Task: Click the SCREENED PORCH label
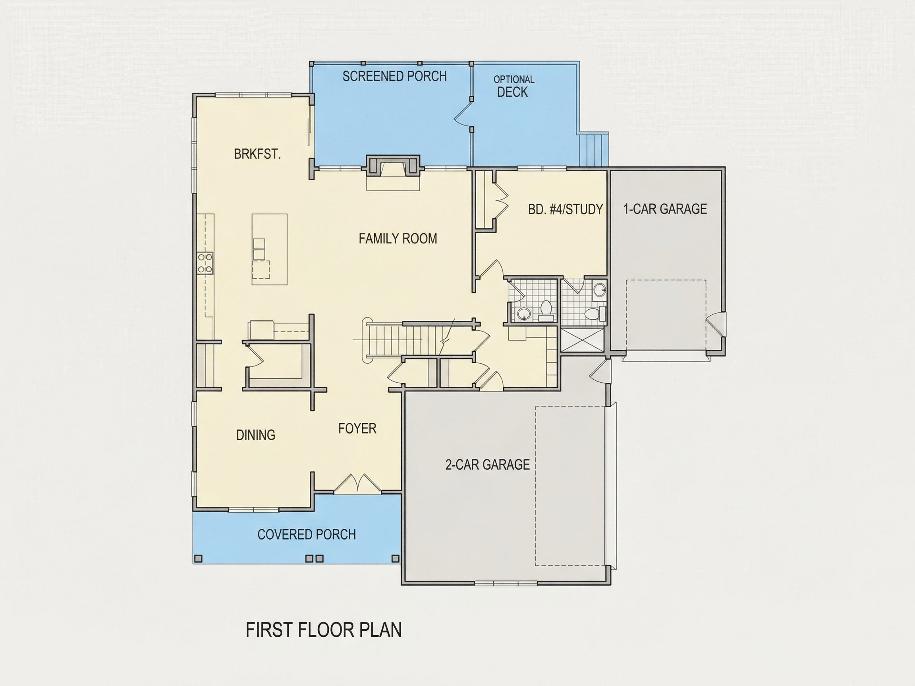(x=395, y=76)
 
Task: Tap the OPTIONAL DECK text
(x=513, y=87)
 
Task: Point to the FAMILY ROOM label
(x=398, y=239)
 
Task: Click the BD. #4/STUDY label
(x=566, y=209)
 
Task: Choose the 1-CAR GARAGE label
(x=665, y=209)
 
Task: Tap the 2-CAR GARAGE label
(x=487, y=465)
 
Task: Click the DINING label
(x=256, y=435)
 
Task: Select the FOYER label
(x=357, y=428)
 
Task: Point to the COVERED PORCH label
(x=307, y=534)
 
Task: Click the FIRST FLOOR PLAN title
(x=324, y=630)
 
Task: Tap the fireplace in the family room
(x=393, y=168)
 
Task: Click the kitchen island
(x=269, y=249)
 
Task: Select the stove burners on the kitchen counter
(x=205, y=263)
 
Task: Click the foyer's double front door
(x=357, y=484)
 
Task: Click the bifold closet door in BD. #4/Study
(x=501, y=200)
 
